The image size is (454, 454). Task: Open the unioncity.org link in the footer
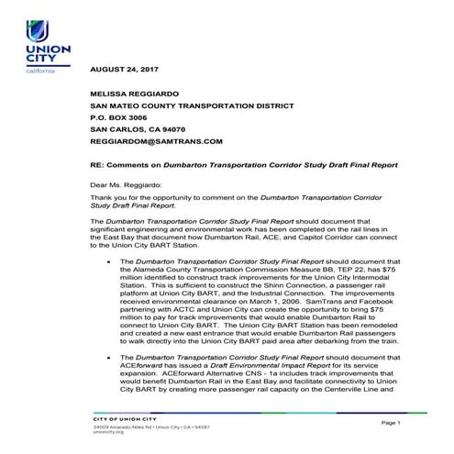coord(106,432)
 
